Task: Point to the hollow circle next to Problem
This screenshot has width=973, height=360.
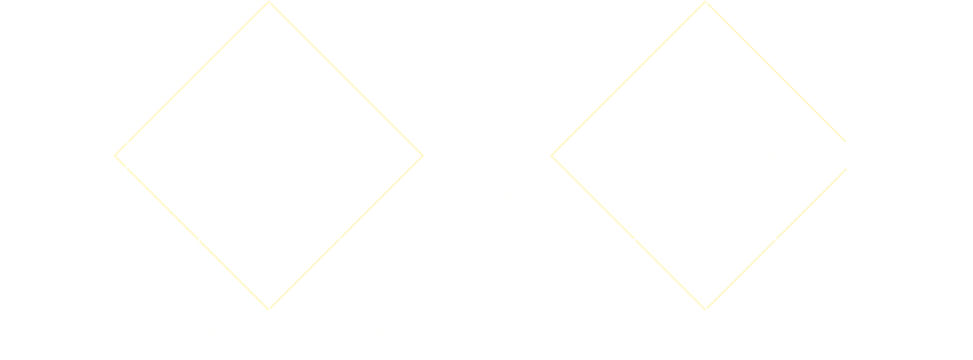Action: click(x=113, y=155)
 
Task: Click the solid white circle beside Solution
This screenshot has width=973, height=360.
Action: click(x=860, y=155)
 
